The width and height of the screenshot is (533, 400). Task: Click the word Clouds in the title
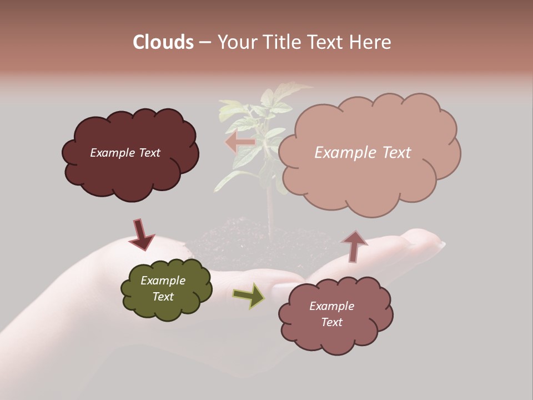point(163,42)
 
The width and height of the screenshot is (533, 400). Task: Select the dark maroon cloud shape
point(130,167)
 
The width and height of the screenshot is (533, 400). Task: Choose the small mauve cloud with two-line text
point(336,333)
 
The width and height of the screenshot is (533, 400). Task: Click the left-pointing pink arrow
point(240,142)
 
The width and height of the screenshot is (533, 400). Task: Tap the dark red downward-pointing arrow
point(141,234)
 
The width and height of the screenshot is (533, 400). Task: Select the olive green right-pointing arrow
point(249,295)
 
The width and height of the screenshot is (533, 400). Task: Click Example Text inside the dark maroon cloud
point(125,152)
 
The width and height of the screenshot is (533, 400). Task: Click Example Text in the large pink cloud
point(363,152)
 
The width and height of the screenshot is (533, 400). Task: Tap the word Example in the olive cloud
point(163,281)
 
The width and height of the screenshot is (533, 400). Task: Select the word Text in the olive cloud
point(163,297)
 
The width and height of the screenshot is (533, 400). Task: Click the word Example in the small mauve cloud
point(331,306)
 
